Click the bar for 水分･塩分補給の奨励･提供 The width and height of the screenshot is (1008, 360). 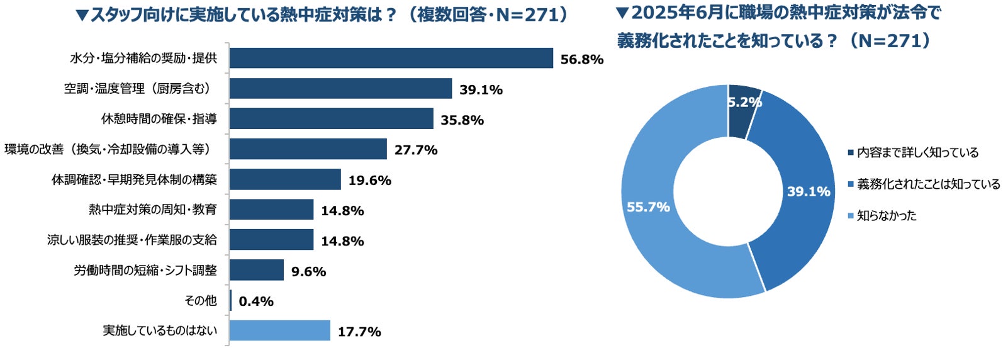click(391, 58)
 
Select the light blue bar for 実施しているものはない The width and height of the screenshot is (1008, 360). click(280, 331)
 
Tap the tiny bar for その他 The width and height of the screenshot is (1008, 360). click(230, 300)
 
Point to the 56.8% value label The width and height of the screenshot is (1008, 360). click(582, 59)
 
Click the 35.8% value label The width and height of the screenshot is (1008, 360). click(462, 120)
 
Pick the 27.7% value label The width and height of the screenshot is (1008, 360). click(416, 150)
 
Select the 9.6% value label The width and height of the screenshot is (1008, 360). click(309, 271)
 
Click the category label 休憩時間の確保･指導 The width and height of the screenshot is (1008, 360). click(159, 119)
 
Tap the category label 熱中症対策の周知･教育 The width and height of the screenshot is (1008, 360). click(153, 210)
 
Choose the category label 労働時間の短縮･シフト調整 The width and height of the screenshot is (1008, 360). click(145, 270)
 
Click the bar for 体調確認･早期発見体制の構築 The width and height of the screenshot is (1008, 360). click(285, 179)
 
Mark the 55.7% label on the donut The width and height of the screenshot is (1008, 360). click(649, 207)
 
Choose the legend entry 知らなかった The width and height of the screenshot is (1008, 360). click(882, 215)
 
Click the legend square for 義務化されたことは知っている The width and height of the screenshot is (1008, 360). click(851, 184)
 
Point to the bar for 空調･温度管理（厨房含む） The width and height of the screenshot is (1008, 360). click(340, 88)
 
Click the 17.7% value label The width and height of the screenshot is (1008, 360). click(359, 332)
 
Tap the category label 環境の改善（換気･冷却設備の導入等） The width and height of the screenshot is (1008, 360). click(108, 149)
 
